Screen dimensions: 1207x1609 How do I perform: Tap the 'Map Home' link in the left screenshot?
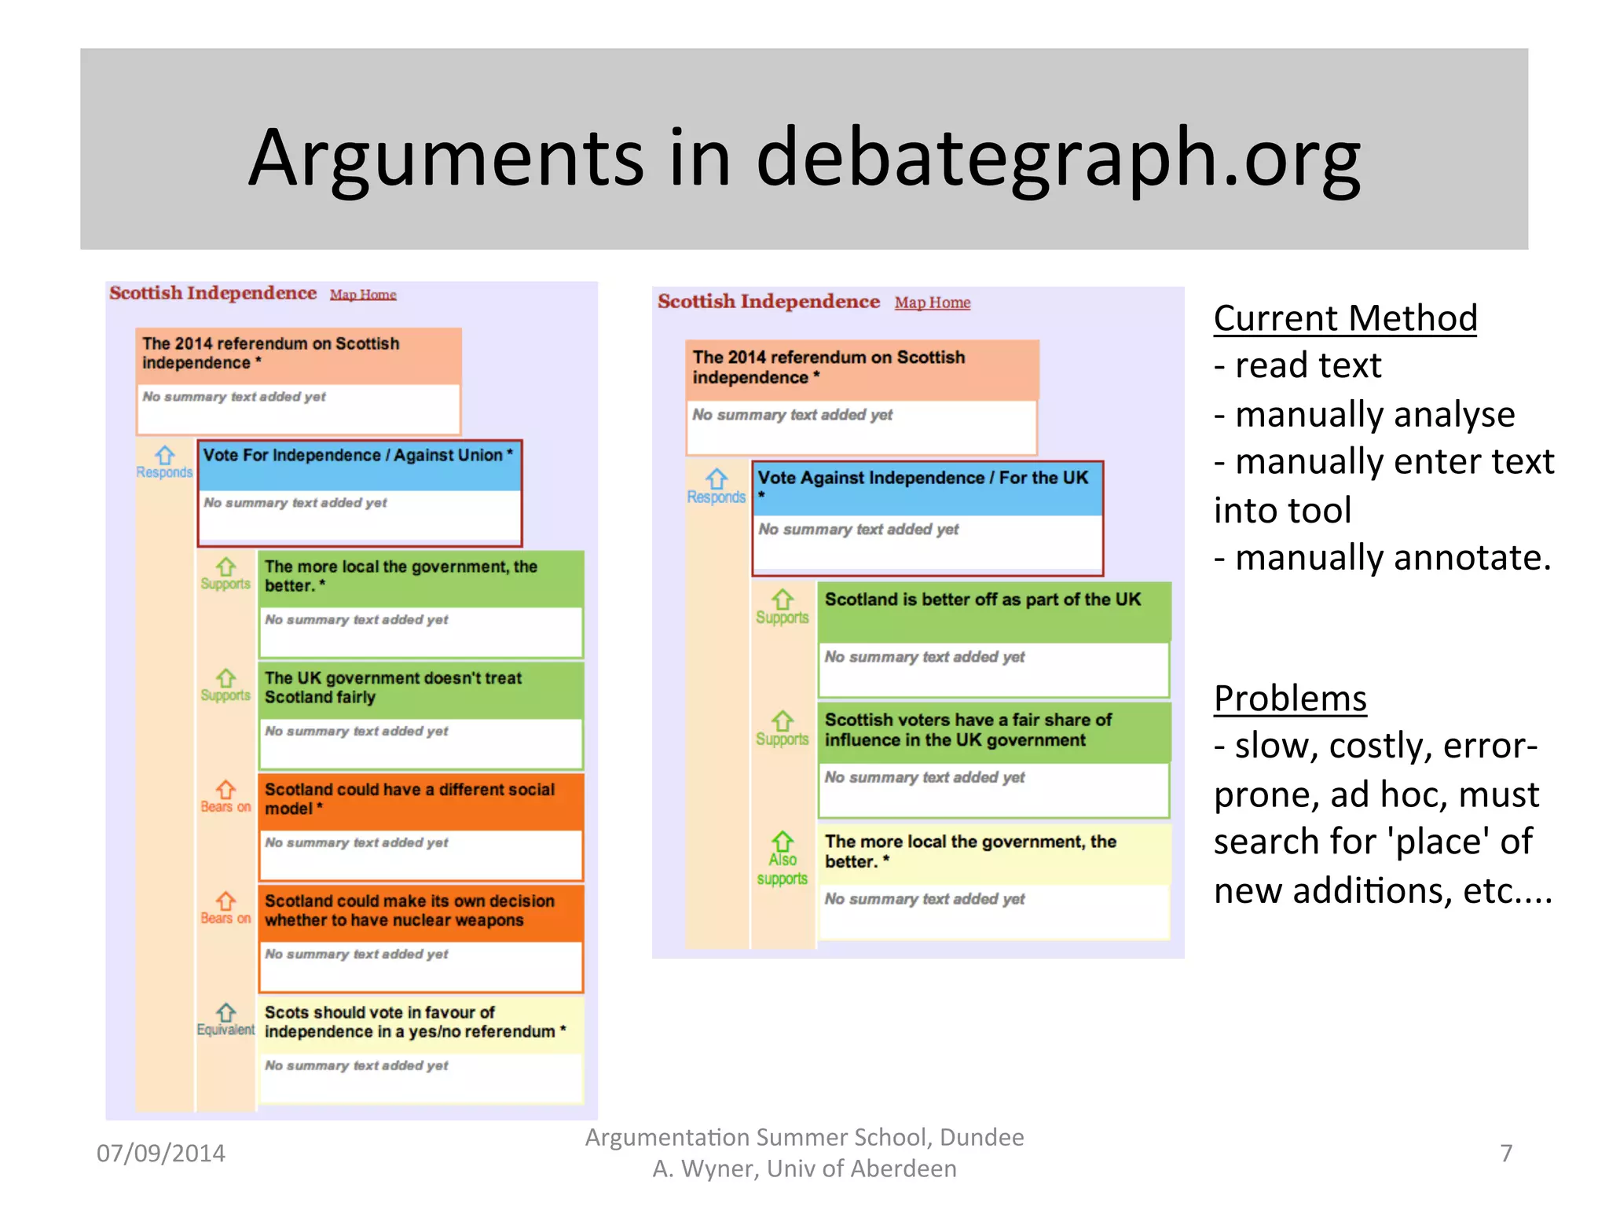363,295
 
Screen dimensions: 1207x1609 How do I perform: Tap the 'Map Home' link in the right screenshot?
933,303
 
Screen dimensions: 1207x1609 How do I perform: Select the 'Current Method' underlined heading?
1345,318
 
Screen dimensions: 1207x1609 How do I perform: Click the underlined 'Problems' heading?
1290,698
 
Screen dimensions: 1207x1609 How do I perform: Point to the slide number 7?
1506,1153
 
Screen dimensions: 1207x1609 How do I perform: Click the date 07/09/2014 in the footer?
161,1153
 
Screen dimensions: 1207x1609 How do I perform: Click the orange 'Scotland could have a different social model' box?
420,800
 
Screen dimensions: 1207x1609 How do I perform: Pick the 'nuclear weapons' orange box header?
420,912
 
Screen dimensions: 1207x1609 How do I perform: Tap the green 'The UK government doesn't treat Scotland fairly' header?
420,688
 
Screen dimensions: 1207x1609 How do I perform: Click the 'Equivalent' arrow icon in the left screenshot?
226,1012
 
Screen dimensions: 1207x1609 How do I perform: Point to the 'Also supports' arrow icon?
783,842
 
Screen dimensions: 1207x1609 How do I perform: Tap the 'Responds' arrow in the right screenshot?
717,479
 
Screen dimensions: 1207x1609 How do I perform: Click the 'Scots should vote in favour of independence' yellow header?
420,1022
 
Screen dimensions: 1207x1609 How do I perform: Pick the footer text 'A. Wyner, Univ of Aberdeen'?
804,1168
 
